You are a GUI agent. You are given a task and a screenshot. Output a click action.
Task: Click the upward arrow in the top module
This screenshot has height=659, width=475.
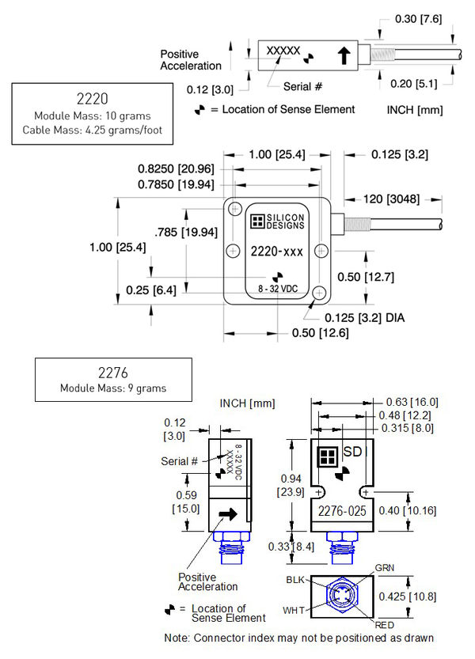(x=343, y=55)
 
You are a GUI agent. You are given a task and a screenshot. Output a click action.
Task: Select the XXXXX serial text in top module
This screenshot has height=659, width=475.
(x=283, y=50)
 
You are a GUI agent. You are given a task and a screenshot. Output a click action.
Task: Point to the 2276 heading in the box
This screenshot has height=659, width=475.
(x=114, y=373)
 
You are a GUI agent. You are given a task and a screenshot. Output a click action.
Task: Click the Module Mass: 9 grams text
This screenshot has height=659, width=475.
(x=114, y=388)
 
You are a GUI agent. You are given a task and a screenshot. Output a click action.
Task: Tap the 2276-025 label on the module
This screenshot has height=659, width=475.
(x=341, y=511)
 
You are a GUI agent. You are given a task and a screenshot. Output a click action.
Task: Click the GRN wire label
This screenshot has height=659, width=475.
(x=384, y=568)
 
